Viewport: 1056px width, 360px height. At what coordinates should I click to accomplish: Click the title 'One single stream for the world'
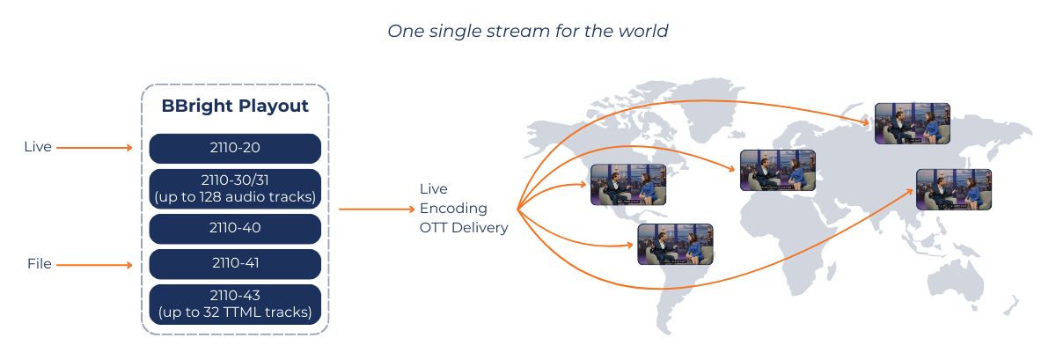coord(528,31)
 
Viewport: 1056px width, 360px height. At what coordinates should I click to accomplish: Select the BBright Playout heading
coord(235,107)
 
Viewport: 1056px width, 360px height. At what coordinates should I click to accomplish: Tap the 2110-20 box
coord(235,148)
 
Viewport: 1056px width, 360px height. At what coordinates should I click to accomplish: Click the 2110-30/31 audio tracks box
coord(235,188)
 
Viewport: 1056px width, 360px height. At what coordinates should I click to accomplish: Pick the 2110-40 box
coord(235,228)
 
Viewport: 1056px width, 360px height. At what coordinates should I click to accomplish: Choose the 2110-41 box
coord(235,263)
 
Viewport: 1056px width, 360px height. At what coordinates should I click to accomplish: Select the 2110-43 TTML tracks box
coord(235,304)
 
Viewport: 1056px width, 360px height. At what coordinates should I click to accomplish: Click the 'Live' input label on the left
coord(38,147)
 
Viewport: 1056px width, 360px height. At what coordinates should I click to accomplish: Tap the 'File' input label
coord(39,264)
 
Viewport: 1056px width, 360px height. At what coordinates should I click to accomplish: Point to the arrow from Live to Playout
coord(94,148)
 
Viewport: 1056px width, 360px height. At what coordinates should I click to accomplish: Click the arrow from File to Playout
coord(94,264)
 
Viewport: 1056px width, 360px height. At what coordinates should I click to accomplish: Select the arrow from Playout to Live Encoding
coord(376,209)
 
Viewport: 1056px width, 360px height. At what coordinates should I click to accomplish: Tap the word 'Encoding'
coord(451,209)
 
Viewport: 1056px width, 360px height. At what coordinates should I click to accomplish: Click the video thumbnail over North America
coord(627,185)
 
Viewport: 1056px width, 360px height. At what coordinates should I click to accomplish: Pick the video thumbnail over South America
coord(675,245)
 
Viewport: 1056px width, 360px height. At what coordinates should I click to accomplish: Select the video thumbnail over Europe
coord(777,170)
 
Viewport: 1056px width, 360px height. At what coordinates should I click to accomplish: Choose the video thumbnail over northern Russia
coord(912,123)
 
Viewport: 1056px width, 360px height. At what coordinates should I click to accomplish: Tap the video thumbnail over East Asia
coord(953,189)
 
